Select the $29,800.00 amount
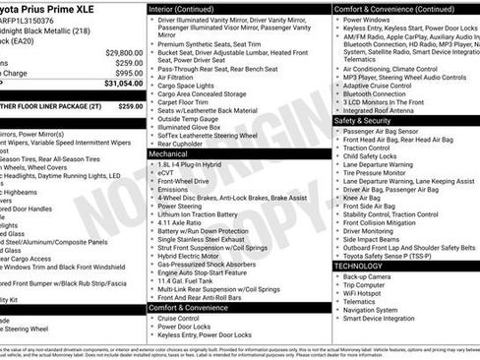pos(124,51)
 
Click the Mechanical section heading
pos(168,154)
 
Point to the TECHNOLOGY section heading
pos(359,266)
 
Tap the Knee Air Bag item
pos(364,197)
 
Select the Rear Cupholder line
pos(185,144)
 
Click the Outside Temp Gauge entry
pos(191,118)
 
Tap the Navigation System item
pos(378,311)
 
